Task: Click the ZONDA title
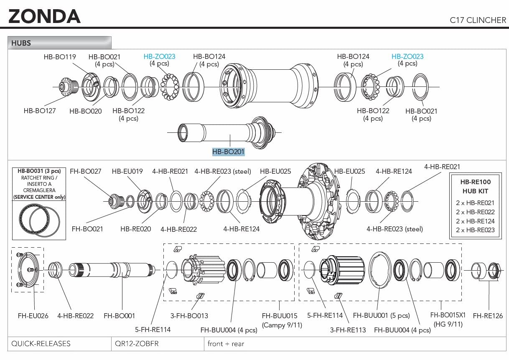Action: pyautogui.click(x=45, y=16)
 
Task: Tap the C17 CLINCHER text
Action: pyautogui.click(x=478, y=20)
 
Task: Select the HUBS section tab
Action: pyautogui.click(x=59, y=43)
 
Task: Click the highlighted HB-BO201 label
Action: pyautogui.click(x=228, y=152)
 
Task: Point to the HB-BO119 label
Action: pyautogui.click(x=60, y=57)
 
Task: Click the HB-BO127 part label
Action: pyautogui.click(x=40, y=111)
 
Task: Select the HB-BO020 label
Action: pyautogui.click(x=85, y=111)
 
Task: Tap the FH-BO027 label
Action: pyautogui.click(x=85, y=171)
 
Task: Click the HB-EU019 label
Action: pyautogui.click(x=127, y=171)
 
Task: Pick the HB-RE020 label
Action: pyautogui.click(x=136, y=229)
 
